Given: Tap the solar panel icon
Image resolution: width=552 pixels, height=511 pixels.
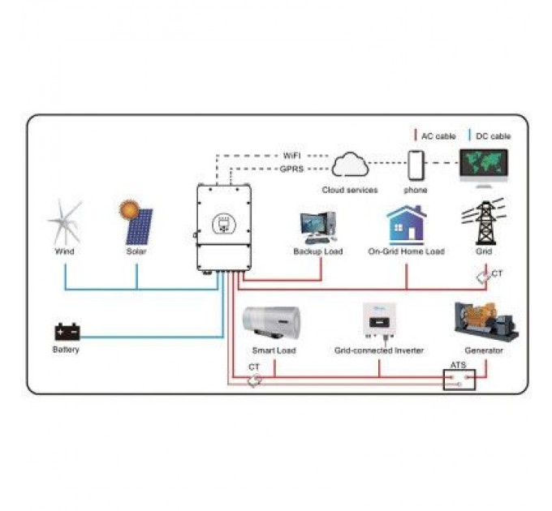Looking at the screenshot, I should click(x=137, y=222).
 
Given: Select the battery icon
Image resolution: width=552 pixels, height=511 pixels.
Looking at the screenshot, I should click(x=67, y=332).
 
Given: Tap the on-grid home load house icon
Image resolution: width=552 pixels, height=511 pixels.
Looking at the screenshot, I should click(x=406, y=225).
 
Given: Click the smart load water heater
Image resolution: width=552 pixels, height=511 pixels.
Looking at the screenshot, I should click(x=274, y=324).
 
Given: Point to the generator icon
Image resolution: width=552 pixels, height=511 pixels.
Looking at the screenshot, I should click(x=485, y=322).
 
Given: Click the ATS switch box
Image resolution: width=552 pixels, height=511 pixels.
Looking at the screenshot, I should click(x=459, y=379).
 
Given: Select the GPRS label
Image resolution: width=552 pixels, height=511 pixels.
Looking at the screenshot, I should click(x=291, y=169).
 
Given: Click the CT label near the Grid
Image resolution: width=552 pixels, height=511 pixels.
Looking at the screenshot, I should click(x=498, y=274).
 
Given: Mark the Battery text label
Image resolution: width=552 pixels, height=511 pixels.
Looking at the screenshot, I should click(x=66, y=350).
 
